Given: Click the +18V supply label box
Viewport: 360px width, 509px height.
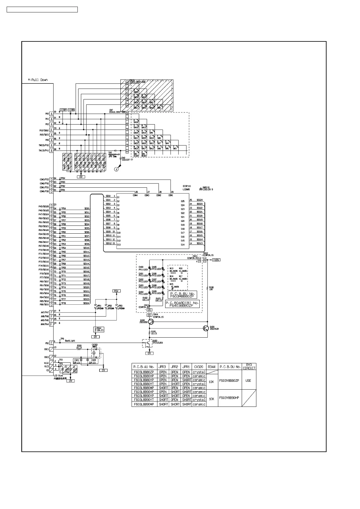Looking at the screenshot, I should (216, 260).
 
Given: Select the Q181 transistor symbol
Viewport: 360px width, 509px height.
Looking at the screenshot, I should (206, 328).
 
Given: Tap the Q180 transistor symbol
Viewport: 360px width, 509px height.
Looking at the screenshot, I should (151, 322).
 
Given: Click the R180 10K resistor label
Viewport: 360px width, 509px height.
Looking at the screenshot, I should (211, 288).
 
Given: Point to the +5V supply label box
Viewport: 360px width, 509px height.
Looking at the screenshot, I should (116, 291).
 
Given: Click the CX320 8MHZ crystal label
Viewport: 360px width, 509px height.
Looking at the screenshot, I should (94, 345).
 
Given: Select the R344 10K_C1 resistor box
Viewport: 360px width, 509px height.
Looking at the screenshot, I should (99, 329).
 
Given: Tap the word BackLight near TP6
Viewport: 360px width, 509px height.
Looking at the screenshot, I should (70, 341).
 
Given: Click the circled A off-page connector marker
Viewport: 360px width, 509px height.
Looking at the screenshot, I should (116, 170).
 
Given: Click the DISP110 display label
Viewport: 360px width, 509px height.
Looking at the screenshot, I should (187, 186).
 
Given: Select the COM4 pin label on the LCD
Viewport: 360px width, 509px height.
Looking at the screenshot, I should (135, 195).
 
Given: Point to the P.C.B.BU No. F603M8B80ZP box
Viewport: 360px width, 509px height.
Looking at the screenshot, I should (182, 295).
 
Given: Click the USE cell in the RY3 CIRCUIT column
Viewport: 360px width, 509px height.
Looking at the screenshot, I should (248, 381).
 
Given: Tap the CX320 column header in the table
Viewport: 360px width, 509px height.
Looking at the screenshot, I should (199, 367).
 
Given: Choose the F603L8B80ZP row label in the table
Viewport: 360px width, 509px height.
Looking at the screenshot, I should (144, 372).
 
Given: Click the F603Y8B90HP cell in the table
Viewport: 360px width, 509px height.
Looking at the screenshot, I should (229, 398).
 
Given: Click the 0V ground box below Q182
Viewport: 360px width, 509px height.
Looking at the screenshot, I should (149, 353).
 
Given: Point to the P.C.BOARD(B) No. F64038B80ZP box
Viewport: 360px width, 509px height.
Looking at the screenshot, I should (182, 304).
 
